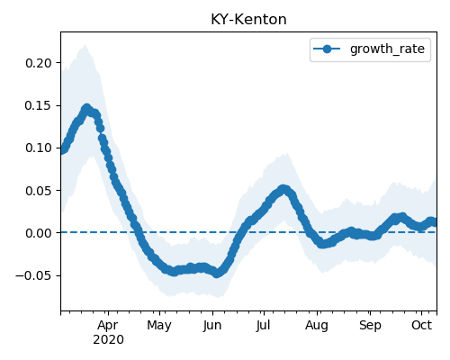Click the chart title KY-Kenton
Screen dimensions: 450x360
[x=248, y=20]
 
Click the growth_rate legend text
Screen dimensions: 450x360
[x=387, y=49]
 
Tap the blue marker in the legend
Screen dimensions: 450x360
[x=327, y=49]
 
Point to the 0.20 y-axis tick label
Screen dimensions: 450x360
[x=39, y=63]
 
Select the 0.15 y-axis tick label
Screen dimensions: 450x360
[x=39, y=105]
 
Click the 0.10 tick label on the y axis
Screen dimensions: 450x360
[x=39, y=148]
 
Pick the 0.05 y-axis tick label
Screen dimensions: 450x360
[x=39, y=191]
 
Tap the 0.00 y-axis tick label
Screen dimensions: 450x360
[x=39, y=233]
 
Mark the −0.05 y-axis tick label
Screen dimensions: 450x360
[x=33, y=275]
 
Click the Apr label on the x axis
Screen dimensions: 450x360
[x=108, y=326]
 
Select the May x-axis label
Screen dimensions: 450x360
[x=159, y=326]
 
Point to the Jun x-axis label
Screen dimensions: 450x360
[x=212, y=326]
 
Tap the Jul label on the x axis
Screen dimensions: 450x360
[x=263, y=326]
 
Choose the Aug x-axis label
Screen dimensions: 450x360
[x=317, y=326]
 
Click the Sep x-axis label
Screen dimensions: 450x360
[x=370, y=326]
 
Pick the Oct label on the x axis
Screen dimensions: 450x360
[x=421, y=325]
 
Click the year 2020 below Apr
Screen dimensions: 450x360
[x=108, y=340]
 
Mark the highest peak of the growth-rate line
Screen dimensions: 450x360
[x=86, y=108]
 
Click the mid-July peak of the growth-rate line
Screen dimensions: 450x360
[x=283, y=189]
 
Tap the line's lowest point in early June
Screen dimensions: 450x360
[x=217, y=274]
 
